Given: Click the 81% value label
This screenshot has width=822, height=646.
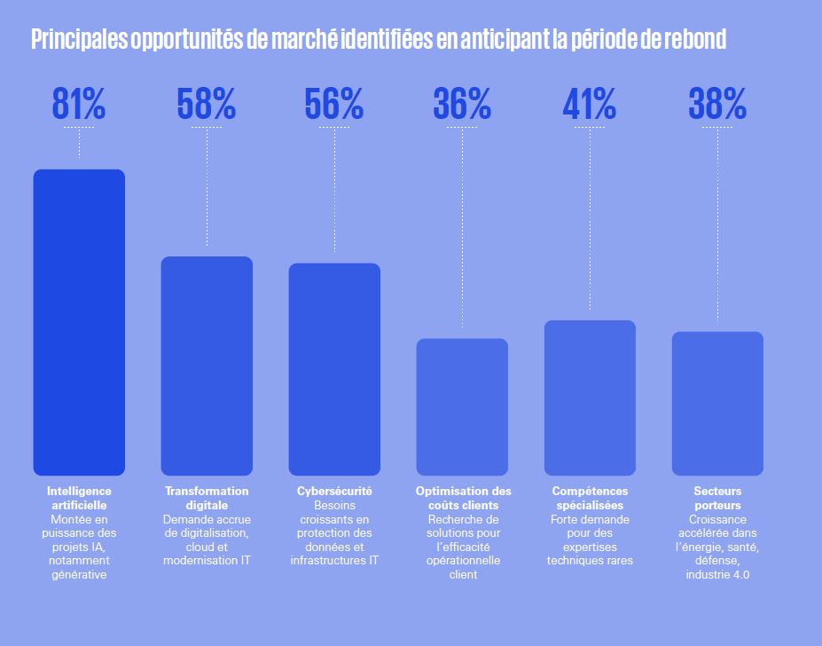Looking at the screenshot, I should (x=79, y=105).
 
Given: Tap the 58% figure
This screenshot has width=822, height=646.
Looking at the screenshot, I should (x=207, y=105).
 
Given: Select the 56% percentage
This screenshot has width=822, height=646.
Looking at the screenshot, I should (x=334, y=105).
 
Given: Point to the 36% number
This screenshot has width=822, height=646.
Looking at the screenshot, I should (x=462, y=105).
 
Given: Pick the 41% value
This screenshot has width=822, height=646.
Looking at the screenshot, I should (x=590, y=105).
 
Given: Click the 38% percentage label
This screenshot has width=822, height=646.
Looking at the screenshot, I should (x=717, y=105).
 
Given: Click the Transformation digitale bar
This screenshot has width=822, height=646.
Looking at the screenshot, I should (x=207, y=366).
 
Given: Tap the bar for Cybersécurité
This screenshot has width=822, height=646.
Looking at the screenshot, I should (x=334, y=369).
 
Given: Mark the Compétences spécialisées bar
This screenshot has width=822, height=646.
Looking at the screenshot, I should (x=590, y=398).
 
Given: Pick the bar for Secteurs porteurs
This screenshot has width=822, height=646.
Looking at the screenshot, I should (x=717, y=403).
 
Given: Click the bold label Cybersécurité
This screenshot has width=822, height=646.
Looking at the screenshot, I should (x=334, y=491).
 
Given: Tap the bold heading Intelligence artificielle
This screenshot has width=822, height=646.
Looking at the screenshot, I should (x=79, y=498).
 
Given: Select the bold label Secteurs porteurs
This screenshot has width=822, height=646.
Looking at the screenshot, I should (x=717, y=498).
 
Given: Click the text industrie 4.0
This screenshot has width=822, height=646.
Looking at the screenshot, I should (x=717, y=575).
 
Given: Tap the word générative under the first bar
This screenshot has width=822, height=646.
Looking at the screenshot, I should (x=79, y=575).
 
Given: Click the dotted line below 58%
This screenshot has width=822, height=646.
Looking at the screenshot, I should (x=207, y=186).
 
